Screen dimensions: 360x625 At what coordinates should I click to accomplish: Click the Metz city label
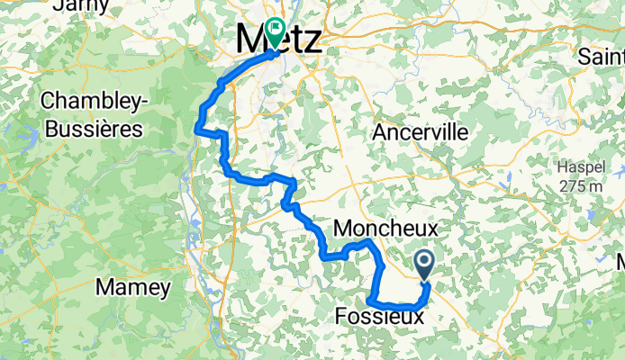click(278, 40)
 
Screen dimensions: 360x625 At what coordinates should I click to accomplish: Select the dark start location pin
click(424, 264)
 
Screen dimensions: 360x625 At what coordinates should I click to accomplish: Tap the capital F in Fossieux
click(341, 317)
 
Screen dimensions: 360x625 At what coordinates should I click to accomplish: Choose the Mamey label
click(132, 289)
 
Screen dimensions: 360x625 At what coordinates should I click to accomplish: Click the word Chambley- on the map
click(92, 100)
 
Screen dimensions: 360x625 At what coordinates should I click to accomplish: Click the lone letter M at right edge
click(620, 263)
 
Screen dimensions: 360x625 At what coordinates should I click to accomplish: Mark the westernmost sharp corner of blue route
click(197, 130)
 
